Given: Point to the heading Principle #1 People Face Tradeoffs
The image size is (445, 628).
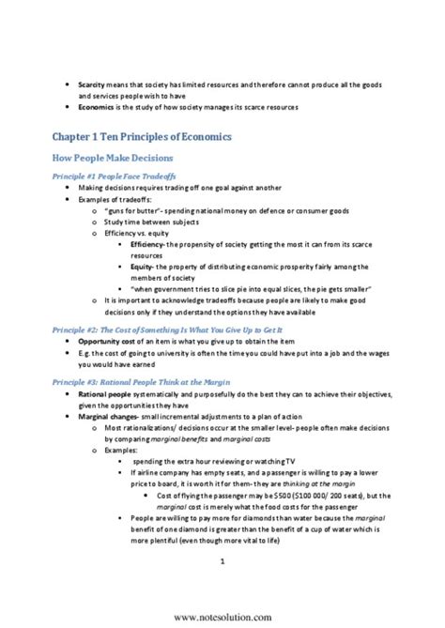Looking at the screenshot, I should [x=126, y=176].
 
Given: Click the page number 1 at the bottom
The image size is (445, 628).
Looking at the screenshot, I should [x=222, y=562].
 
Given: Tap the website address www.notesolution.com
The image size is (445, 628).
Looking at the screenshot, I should [x=222, y=616].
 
